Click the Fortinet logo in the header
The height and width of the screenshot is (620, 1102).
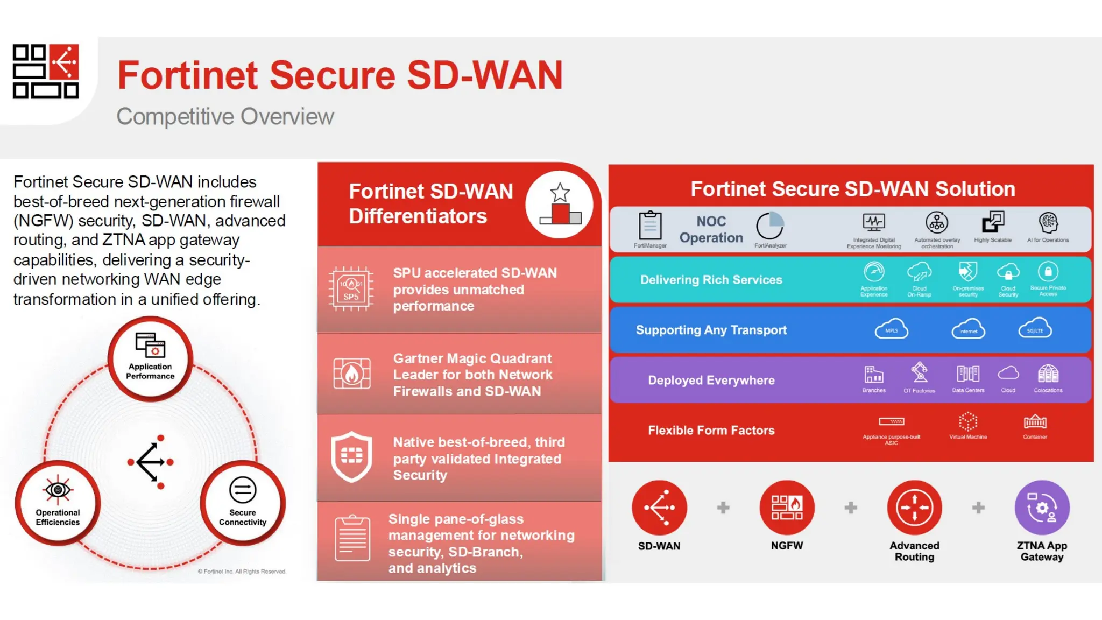[x=46, y=71]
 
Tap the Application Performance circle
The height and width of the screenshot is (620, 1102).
[x=150, y=358]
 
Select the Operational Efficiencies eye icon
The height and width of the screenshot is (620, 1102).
[x=58, y=490]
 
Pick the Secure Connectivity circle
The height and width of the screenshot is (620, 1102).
[x=243, y=503]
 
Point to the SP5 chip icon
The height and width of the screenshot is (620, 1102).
[x=351, y=289]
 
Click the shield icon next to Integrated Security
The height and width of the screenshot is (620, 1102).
[x=352, y=456]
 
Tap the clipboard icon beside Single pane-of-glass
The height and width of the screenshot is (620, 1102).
[x=352, y=538]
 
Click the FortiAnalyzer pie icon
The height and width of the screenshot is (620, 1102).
[x=770, y=226]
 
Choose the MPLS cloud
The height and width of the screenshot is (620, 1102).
[x=891, y=329]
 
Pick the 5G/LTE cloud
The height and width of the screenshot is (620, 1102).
[x=1035, y=329]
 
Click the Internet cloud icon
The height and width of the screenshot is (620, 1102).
[x=968, y=329]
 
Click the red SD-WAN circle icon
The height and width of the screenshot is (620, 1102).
[x=659, y=508]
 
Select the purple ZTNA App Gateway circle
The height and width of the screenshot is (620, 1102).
[x=1042, y=508]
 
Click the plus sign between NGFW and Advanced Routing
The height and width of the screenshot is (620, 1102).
[x=851, y=508]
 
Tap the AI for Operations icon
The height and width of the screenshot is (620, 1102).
[x=1048, y=222]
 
